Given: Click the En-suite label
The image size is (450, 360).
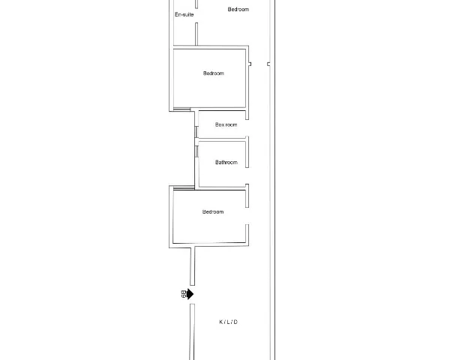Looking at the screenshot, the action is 184,15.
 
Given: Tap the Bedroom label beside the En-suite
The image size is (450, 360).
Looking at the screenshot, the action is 238,10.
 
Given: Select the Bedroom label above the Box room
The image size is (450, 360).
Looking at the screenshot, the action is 214,73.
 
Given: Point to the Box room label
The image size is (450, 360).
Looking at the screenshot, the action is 226,124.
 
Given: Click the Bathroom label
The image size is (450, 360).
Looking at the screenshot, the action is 226,162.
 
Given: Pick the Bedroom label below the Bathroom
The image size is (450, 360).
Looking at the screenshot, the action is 213,211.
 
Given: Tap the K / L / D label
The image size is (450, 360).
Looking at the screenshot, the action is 229,322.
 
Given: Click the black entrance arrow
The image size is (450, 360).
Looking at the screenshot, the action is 190,294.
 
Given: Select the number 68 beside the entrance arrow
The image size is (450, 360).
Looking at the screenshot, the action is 184,294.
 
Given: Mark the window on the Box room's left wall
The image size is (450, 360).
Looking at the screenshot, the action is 196,132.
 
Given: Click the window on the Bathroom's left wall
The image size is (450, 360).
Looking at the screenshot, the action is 196,151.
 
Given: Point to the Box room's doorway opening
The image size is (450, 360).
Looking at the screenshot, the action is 247,128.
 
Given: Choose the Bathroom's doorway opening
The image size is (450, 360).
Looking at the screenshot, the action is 247,176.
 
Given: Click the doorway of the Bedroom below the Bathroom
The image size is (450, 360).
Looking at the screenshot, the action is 247,216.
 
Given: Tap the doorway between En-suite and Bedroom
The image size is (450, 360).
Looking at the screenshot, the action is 196,16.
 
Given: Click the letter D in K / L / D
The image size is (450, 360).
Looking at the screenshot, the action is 235,322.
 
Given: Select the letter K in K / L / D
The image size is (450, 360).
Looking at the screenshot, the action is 221,322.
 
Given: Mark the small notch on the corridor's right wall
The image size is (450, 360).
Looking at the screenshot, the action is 268,64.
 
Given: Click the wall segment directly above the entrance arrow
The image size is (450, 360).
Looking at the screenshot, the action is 193,266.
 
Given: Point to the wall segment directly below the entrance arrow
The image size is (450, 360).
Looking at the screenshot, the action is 192,331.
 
